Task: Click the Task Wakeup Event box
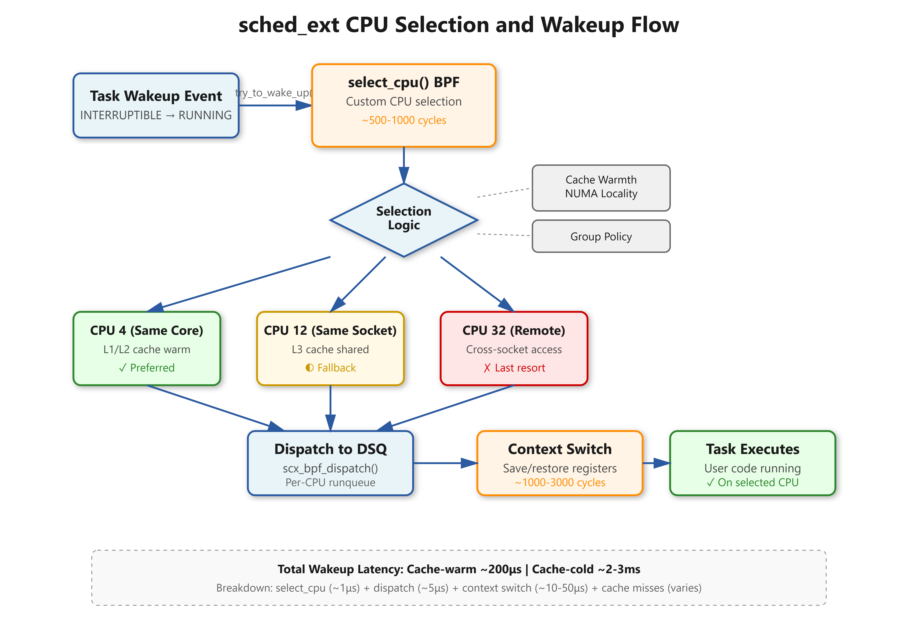tap(156, 105)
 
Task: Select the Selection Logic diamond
tap(404, 220)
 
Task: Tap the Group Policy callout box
tap(601, 236)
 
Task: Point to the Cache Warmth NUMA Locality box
tap(601, 188)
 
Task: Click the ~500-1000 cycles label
tap(404, 120)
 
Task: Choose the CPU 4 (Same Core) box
tap(147, 348)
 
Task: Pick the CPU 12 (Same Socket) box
tap(330, 348)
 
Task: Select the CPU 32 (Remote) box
tap(514, 348)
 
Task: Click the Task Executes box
tap(752, 463)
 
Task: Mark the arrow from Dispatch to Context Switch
tap(445, 463)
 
